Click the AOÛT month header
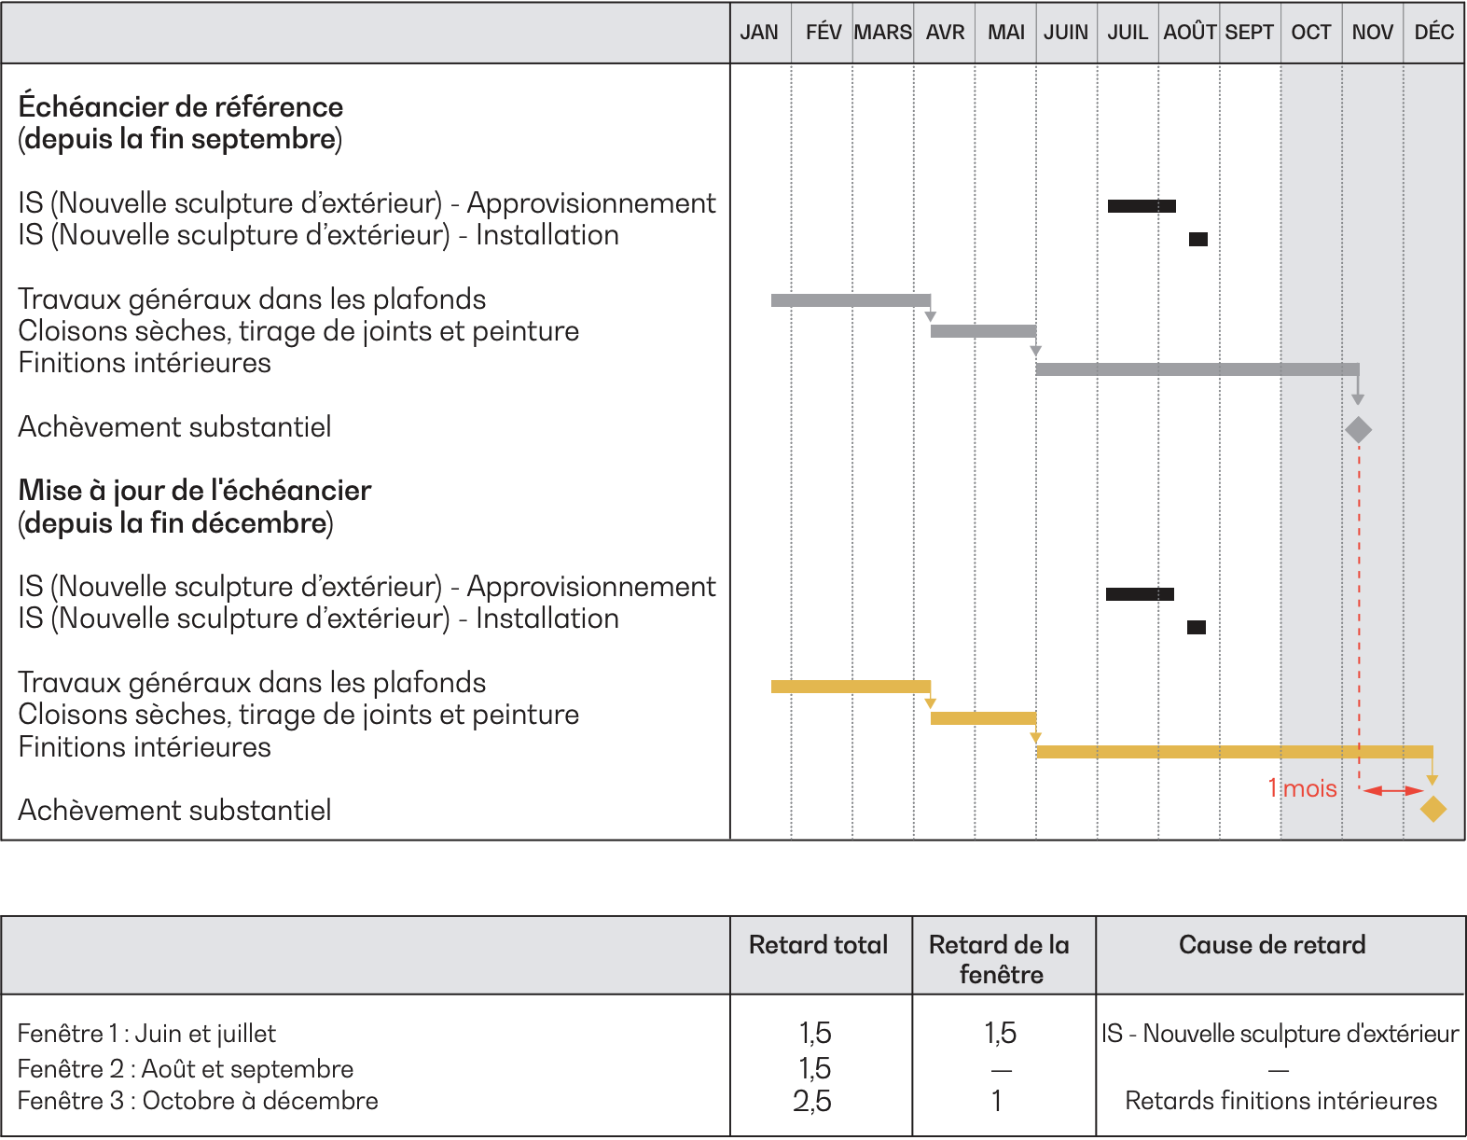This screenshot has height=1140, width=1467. click(1189, 33)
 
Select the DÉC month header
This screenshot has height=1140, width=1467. click(1434, 33)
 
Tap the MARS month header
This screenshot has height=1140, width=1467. click(882, 33)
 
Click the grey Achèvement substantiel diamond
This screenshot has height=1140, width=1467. click(1358, 429)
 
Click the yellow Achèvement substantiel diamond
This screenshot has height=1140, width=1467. click(1433, 809)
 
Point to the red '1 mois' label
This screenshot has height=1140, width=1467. click(1302, 789)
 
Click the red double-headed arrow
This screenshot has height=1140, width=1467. click(1393, 790)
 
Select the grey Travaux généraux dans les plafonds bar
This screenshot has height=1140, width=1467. click(851, 300)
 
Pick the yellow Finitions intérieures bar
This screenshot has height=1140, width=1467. click(1235, 752)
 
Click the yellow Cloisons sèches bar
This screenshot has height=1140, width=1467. click(983, 718)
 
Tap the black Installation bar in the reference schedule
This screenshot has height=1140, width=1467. click(1198, 239)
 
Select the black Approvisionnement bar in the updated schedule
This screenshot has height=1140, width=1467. click(1141, 594)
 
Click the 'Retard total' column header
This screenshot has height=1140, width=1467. click(818, 945)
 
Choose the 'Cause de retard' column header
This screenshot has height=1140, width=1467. click(1273, 945)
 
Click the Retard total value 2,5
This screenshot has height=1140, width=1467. click(813, 1101)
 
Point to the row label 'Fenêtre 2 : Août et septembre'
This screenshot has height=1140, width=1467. click(186, 1069)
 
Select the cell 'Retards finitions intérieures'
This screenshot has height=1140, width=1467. click(1280, 1101)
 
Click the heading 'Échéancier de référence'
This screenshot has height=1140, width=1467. click(181, 106)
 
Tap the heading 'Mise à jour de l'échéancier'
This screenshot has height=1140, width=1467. click(195, 491)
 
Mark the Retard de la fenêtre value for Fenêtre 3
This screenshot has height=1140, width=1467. click(997, 1101)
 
